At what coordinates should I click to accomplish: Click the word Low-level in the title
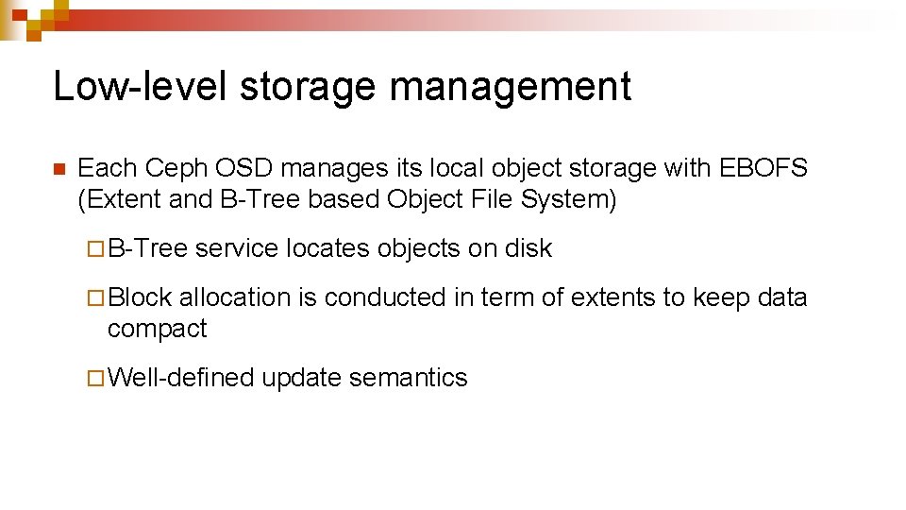[138, 87]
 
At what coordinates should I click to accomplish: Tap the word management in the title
[510, 87]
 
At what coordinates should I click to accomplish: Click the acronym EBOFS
[763, 169]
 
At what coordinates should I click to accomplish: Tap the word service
[237, 249]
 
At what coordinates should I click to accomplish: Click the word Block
[140, 298]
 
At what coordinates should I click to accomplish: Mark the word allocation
[235, 298]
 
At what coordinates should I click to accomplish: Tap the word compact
[157, 330]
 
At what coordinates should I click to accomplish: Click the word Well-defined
[181, 379]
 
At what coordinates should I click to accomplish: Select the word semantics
[408, 379]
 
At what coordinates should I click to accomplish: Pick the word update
[301, 379]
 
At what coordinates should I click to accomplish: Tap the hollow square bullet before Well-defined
[92, 379]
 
